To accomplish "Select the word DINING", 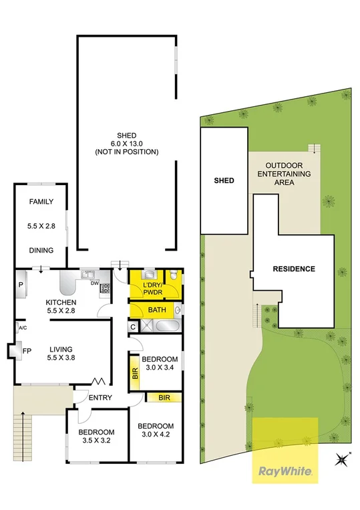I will [41, 251].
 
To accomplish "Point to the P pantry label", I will [20, 285].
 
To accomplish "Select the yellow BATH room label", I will [157, 310].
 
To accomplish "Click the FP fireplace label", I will [27, 350].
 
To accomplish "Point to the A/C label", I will [22, 328].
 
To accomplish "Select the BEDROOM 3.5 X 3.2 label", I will [96, 436].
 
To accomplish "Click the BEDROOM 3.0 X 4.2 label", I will [155, 430].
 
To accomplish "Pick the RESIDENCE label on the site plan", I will [293, 269].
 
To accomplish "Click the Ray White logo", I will [284, 471].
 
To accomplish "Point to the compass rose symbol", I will [343, 459].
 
